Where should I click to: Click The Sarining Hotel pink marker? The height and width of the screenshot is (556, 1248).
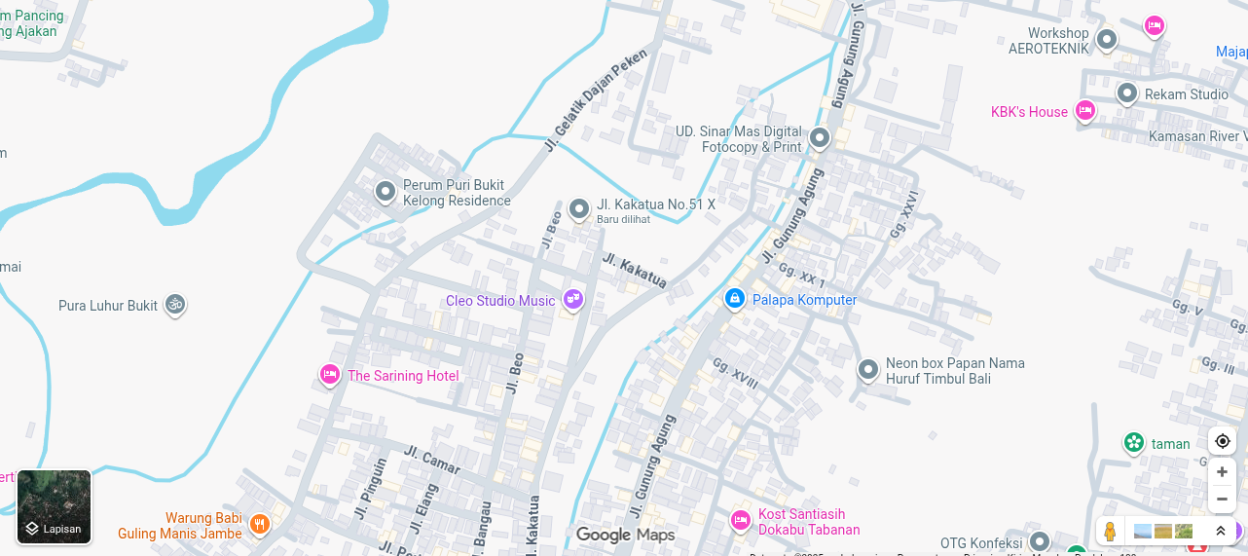[330, 375]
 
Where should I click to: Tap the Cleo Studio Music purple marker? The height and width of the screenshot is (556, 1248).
[573, 300]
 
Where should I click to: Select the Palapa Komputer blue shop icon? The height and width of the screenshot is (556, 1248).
[735, 299]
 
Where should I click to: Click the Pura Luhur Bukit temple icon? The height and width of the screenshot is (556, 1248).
[175, 305]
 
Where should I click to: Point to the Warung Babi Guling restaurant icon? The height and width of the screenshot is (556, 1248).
[259, 525]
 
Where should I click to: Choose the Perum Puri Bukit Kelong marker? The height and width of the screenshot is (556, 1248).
[385, 191]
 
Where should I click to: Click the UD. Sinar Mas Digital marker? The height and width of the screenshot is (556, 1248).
[820, 138]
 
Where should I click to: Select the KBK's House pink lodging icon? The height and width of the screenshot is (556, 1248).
[1084, 111]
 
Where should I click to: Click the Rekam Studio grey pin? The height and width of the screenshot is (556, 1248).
[1127, 93]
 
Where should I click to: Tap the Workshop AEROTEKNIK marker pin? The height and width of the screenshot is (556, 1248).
[1106, 40]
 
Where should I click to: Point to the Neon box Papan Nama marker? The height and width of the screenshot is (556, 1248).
[868, 370]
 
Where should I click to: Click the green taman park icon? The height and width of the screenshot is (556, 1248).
[1134, 443]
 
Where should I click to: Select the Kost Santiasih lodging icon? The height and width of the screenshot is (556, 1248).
[741, 521]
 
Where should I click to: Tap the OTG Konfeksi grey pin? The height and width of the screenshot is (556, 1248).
[1040, 541]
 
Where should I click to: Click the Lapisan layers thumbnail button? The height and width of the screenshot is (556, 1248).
[55, 506]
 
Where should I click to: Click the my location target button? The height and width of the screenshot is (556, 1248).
[1222, 441]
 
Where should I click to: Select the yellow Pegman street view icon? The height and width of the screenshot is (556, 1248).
[1110, 532]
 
